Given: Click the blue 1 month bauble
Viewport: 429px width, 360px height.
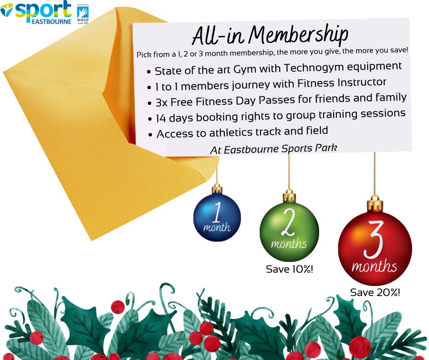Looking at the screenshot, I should click(x=217, y=217).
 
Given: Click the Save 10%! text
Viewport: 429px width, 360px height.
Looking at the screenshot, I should click(x=289, y=269).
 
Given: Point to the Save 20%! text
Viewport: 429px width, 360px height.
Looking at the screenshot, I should click(x=375, y=292).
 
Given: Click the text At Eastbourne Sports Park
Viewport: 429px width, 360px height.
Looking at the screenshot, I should click(x=273, y=150).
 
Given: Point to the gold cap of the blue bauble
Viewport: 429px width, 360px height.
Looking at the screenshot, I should click(x=217, y=189).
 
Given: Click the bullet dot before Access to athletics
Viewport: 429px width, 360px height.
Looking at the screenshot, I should click(x=151, y=135).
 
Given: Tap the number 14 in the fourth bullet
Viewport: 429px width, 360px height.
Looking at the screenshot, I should click(x=161, y=118).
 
